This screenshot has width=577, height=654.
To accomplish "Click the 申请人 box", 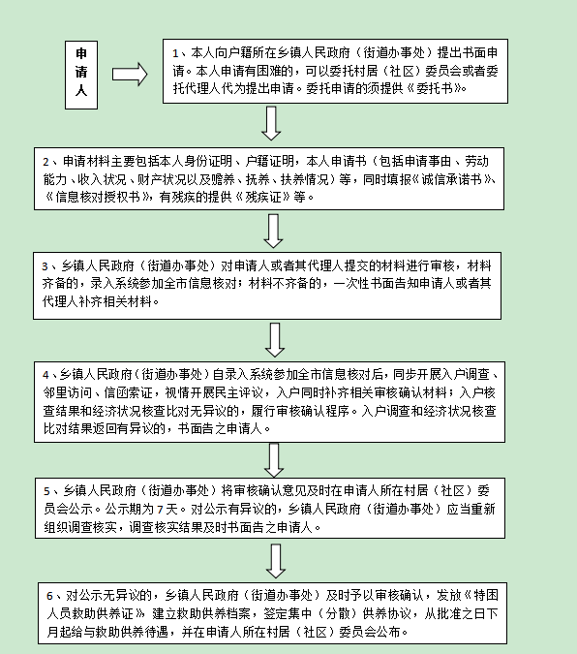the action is (x=81, y=75).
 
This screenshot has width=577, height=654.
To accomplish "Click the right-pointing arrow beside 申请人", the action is (x=130, y=75).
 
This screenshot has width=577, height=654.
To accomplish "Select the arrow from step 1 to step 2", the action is (x=271, y=123).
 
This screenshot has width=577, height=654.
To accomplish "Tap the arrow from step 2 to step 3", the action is (x=273, y=231).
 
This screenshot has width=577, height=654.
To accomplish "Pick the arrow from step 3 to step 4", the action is (x=275, y=340).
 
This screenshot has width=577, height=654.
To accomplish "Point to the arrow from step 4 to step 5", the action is (x=274, y=460).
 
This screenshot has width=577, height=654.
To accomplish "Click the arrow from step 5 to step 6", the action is (x=276, y=561).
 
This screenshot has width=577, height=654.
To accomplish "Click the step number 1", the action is (x=175, y=54).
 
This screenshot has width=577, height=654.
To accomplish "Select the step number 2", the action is (x=46, y=162).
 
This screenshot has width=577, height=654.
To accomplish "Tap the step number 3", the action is (x=46, y=266).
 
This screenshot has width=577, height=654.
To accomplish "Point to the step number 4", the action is (x=46, y=375).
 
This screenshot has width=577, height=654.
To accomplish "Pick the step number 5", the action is (x=46, y=491).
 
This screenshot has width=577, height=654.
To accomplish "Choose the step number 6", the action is (x=49, y=596).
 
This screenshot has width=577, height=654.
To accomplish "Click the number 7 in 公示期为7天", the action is (x=160, y=510).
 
